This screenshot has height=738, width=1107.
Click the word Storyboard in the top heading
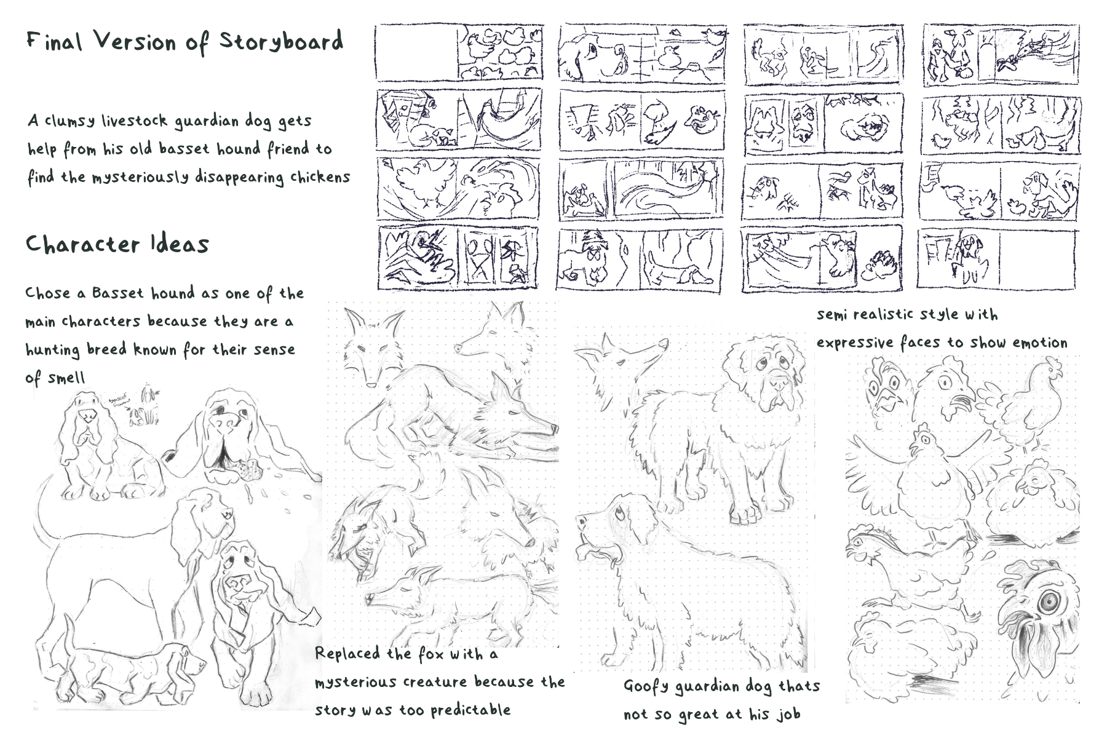tap(281, 42)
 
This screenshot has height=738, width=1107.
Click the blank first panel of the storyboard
tap(416, 53)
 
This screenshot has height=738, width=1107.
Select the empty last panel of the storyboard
tap(1038, 259)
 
